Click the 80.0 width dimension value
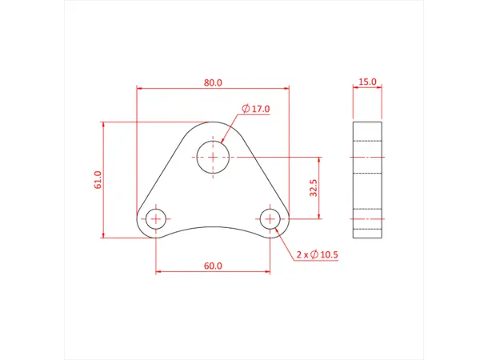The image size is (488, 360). (x=213, y=82)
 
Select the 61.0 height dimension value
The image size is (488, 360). (x=98, y=179)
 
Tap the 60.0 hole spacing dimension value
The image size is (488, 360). (x=213, y=266)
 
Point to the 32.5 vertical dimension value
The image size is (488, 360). (x=314, y=187)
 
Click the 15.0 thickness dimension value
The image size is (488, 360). (x=367, y=82)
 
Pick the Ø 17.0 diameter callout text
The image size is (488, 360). (x=256, y=109)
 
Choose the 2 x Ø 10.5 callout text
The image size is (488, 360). (x=318, y=254)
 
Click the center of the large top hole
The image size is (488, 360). (x=214, y=157)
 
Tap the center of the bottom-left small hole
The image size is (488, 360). (x=156, y=218)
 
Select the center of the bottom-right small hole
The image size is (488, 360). (x=271, y=218)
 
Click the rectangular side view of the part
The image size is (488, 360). (x=367, y=179)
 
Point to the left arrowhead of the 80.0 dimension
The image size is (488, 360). (x=140, y=88)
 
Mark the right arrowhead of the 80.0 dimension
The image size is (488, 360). (x=286, y=88)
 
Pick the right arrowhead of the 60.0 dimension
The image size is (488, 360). (x=268, y=272)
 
